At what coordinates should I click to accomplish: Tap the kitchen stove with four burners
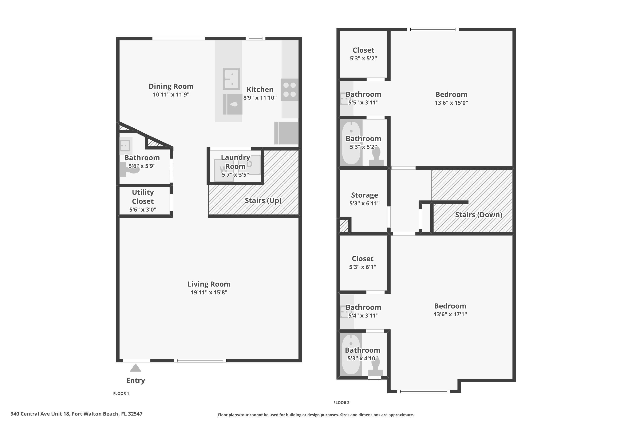(x=289, y=90)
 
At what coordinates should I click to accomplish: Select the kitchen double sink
(x=231, y=79)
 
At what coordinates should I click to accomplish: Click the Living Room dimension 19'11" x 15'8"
(x=209, y=292)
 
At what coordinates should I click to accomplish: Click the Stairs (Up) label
(x=263, y=201)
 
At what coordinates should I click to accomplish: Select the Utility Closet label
(x=143, y=197)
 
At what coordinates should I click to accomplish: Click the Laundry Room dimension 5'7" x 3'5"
(x=235, y=175)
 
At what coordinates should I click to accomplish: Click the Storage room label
(x=364, y=195)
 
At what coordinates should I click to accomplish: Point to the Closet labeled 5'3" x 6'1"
(x=363, y=259)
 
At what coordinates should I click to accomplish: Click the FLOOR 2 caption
(x=341, y=402)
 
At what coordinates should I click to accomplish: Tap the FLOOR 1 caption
(x=121, y=393)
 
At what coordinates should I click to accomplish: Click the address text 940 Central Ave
(x=76, y=414)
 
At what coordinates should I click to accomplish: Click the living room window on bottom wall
(x=200, y=361)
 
